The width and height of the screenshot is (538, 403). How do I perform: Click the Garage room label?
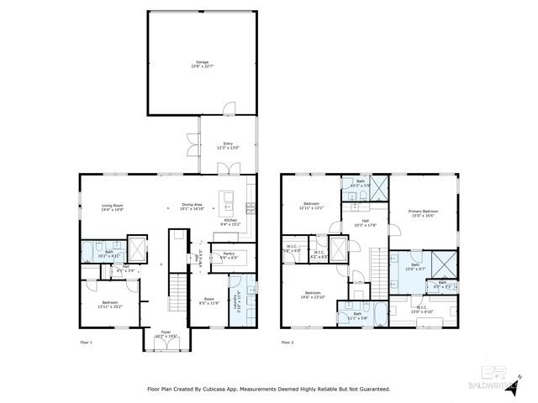click(x=203, y=64)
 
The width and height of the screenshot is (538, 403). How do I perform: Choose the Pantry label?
click(x=228, y=254)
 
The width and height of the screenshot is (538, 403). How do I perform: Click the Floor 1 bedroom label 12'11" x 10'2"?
click(x=109, y=304)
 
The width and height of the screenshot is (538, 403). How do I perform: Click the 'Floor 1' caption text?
click(x=86, y=343)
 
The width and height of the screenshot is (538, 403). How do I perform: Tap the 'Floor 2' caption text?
click(x=287, y=343)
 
